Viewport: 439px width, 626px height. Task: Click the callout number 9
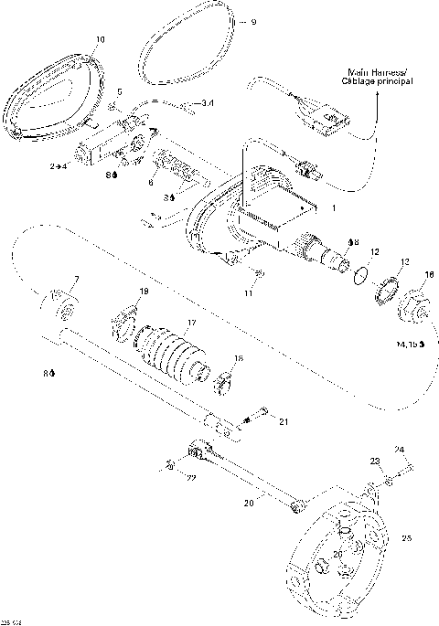(x=253, y=21)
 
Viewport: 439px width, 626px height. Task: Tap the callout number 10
(x=100, y=40)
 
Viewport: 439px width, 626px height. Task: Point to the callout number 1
(x=334, y=209)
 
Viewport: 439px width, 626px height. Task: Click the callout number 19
(x=142, y=292)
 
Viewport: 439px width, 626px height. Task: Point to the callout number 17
(x=190, y=322)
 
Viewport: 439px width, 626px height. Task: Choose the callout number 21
(x=284, y=420)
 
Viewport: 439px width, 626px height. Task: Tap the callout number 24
(x=398, y=450)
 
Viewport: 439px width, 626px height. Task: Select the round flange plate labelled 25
(x=343, y=548)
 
